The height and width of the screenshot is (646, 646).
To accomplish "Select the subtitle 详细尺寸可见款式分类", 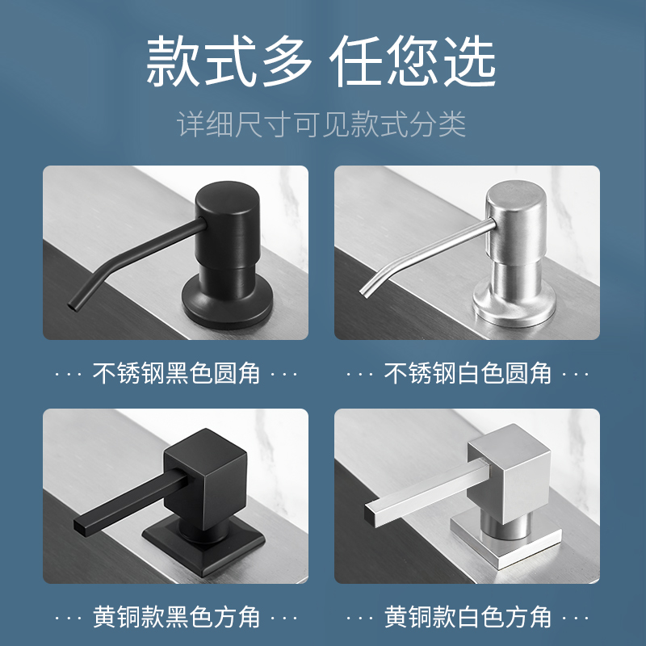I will pos(321,125).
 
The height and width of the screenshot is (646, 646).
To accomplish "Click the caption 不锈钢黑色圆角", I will pos(176,373).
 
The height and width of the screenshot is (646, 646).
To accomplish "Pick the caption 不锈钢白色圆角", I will pos(468,373).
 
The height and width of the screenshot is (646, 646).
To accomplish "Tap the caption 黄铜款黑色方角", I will pos(176,617).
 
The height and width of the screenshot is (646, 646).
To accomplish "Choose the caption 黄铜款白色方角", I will pos(468,617).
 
